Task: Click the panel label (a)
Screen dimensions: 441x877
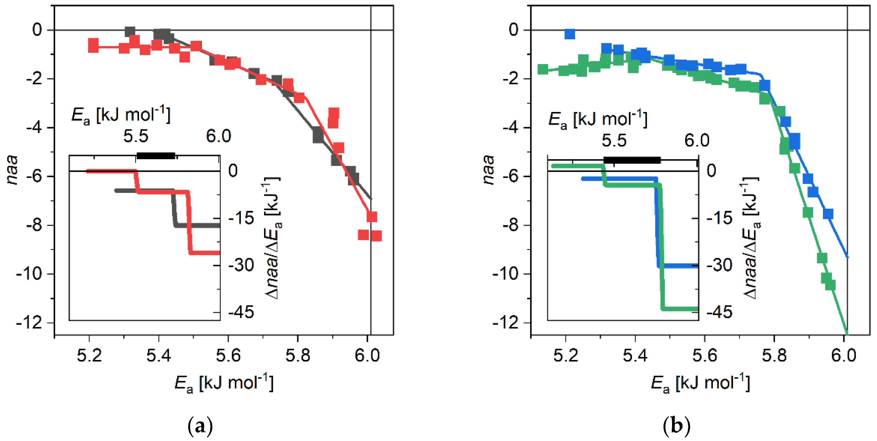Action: (200, 425)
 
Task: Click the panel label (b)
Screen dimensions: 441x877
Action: (676, 425)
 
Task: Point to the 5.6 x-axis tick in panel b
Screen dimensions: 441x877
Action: (705, 355)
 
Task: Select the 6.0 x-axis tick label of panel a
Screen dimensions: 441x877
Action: (367, 355)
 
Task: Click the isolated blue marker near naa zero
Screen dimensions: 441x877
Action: (570, 34)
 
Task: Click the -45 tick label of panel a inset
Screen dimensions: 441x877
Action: (241, 312)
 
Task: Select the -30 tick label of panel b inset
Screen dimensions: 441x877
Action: (719, 265)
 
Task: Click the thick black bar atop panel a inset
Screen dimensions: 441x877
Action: (156, 156)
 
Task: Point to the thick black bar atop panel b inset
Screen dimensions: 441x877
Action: (632, 160)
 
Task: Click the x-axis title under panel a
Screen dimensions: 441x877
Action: (224, 383)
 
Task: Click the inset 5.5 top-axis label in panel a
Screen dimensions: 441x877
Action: (136, 136)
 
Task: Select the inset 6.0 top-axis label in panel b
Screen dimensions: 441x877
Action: (697, 140)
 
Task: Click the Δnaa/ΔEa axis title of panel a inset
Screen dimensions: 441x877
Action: (273, 238)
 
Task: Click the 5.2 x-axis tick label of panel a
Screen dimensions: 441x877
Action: (89, 355)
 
